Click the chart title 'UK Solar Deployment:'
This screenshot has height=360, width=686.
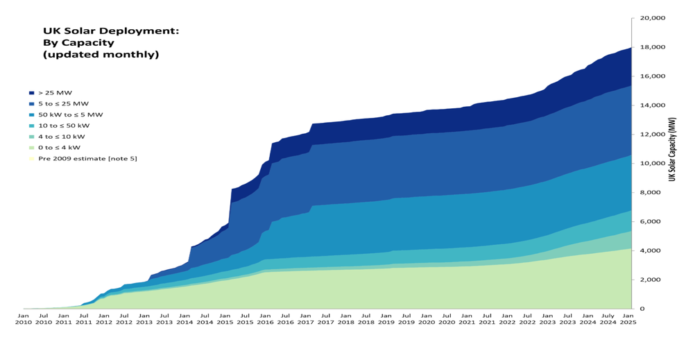coord(111,31)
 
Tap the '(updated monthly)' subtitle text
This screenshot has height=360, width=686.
coord(101,54)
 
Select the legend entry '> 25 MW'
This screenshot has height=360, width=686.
coord(55,92)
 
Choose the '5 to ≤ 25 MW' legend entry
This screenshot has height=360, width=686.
coord(63,103)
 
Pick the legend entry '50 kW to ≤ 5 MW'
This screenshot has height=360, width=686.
coord(70,114)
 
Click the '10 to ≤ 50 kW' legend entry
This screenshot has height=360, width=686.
coord(64,126)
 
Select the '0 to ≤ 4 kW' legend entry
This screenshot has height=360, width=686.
coord(59,148)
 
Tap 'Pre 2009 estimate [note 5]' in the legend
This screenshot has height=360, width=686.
coord(87,159)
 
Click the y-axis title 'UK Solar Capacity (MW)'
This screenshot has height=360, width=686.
coord(672,149)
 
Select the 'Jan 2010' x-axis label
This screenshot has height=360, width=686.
coord(24,318)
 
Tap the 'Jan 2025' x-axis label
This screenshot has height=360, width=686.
coord(628,318)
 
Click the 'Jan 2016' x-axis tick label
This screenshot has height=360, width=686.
coord(266,318)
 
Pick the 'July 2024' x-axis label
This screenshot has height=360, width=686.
coord(608,318)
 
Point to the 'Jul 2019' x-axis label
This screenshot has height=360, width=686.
coord(406,318)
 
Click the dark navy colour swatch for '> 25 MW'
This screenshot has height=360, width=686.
coord(32,92)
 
